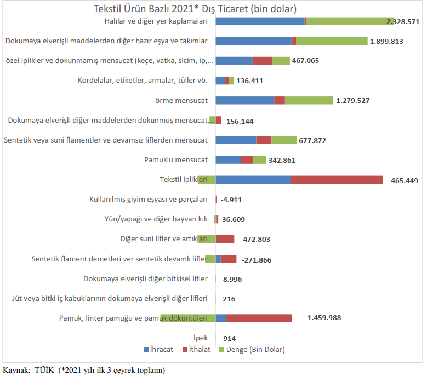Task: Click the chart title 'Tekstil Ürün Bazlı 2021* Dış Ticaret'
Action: [x=196, y=9]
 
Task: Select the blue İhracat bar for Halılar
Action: [x=260, y=21]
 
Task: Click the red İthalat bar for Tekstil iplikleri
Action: [x=336, y=180]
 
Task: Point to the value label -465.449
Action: [x=407, y=180]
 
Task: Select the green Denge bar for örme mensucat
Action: [x=309, y=100]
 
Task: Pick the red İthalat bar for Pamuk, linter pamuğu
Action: [x=259, y=318]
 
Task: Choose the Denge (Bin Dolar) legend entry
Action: [x=252, y=349]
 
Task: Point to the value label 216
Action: [x=229, y=299]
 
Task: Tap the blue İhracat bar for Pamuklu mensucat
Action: [x=228, y=160]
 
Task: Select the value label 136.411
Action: [x=250, y=81]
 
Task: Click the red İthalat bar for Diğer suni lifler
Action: [x=225, y=239]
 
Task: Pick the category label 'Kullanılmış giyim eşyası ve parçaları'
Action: [x=148, y=200]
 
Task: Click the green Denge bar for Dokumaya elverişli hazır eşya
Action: [x=332, y=41]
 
